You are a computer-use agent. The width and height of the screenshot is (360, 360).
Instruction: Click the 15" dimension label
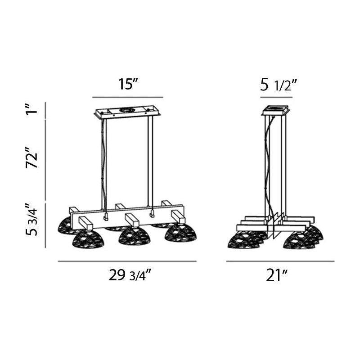[128, 84]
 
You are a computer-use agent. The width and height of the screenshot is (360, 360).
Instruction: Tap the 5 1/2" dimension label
[279, 85]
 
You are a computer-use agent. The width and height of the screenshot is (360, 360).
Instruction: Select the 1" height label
[31, 109]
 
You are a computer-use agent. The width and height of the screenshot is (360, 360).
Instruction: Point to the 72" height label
[31, 158]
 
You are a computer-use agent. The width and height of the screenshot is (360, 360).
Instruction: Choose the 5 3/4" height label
[31, 220]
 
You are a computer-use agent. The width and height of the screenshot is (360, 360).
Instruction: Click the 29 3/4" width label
[130, 275]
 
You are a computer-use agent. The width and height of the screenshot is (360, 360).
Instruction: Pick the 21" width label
[277, 275]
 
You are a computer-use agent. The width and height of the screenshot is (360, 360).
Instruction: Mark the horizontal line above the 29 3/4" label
[127, 261]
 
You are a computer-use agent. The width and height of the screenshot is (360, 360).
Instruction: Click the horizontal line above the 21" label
[280, 261]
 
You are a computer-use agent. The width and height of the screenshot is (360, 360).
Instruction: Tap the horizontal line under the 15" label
[128, 97]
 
